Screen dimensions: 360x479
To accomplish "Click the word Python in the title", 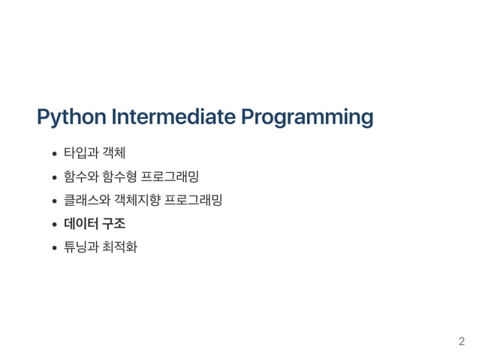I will coord(70,118).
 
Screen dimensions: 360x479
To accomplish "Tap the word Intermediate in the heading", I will coord(172,117).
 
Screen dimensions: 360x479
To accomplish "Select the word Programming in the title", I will coord(307,118).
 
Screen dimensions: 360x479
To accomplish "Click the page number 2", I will coord(462,342).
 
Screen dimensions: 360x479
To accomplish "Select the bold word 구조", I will coord(113,222).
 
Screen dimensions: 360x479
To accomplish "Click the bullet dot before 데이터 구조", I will coord(55,223).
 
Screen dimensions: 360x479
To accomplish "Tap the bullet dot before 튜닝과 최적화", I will coord(55,246).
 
